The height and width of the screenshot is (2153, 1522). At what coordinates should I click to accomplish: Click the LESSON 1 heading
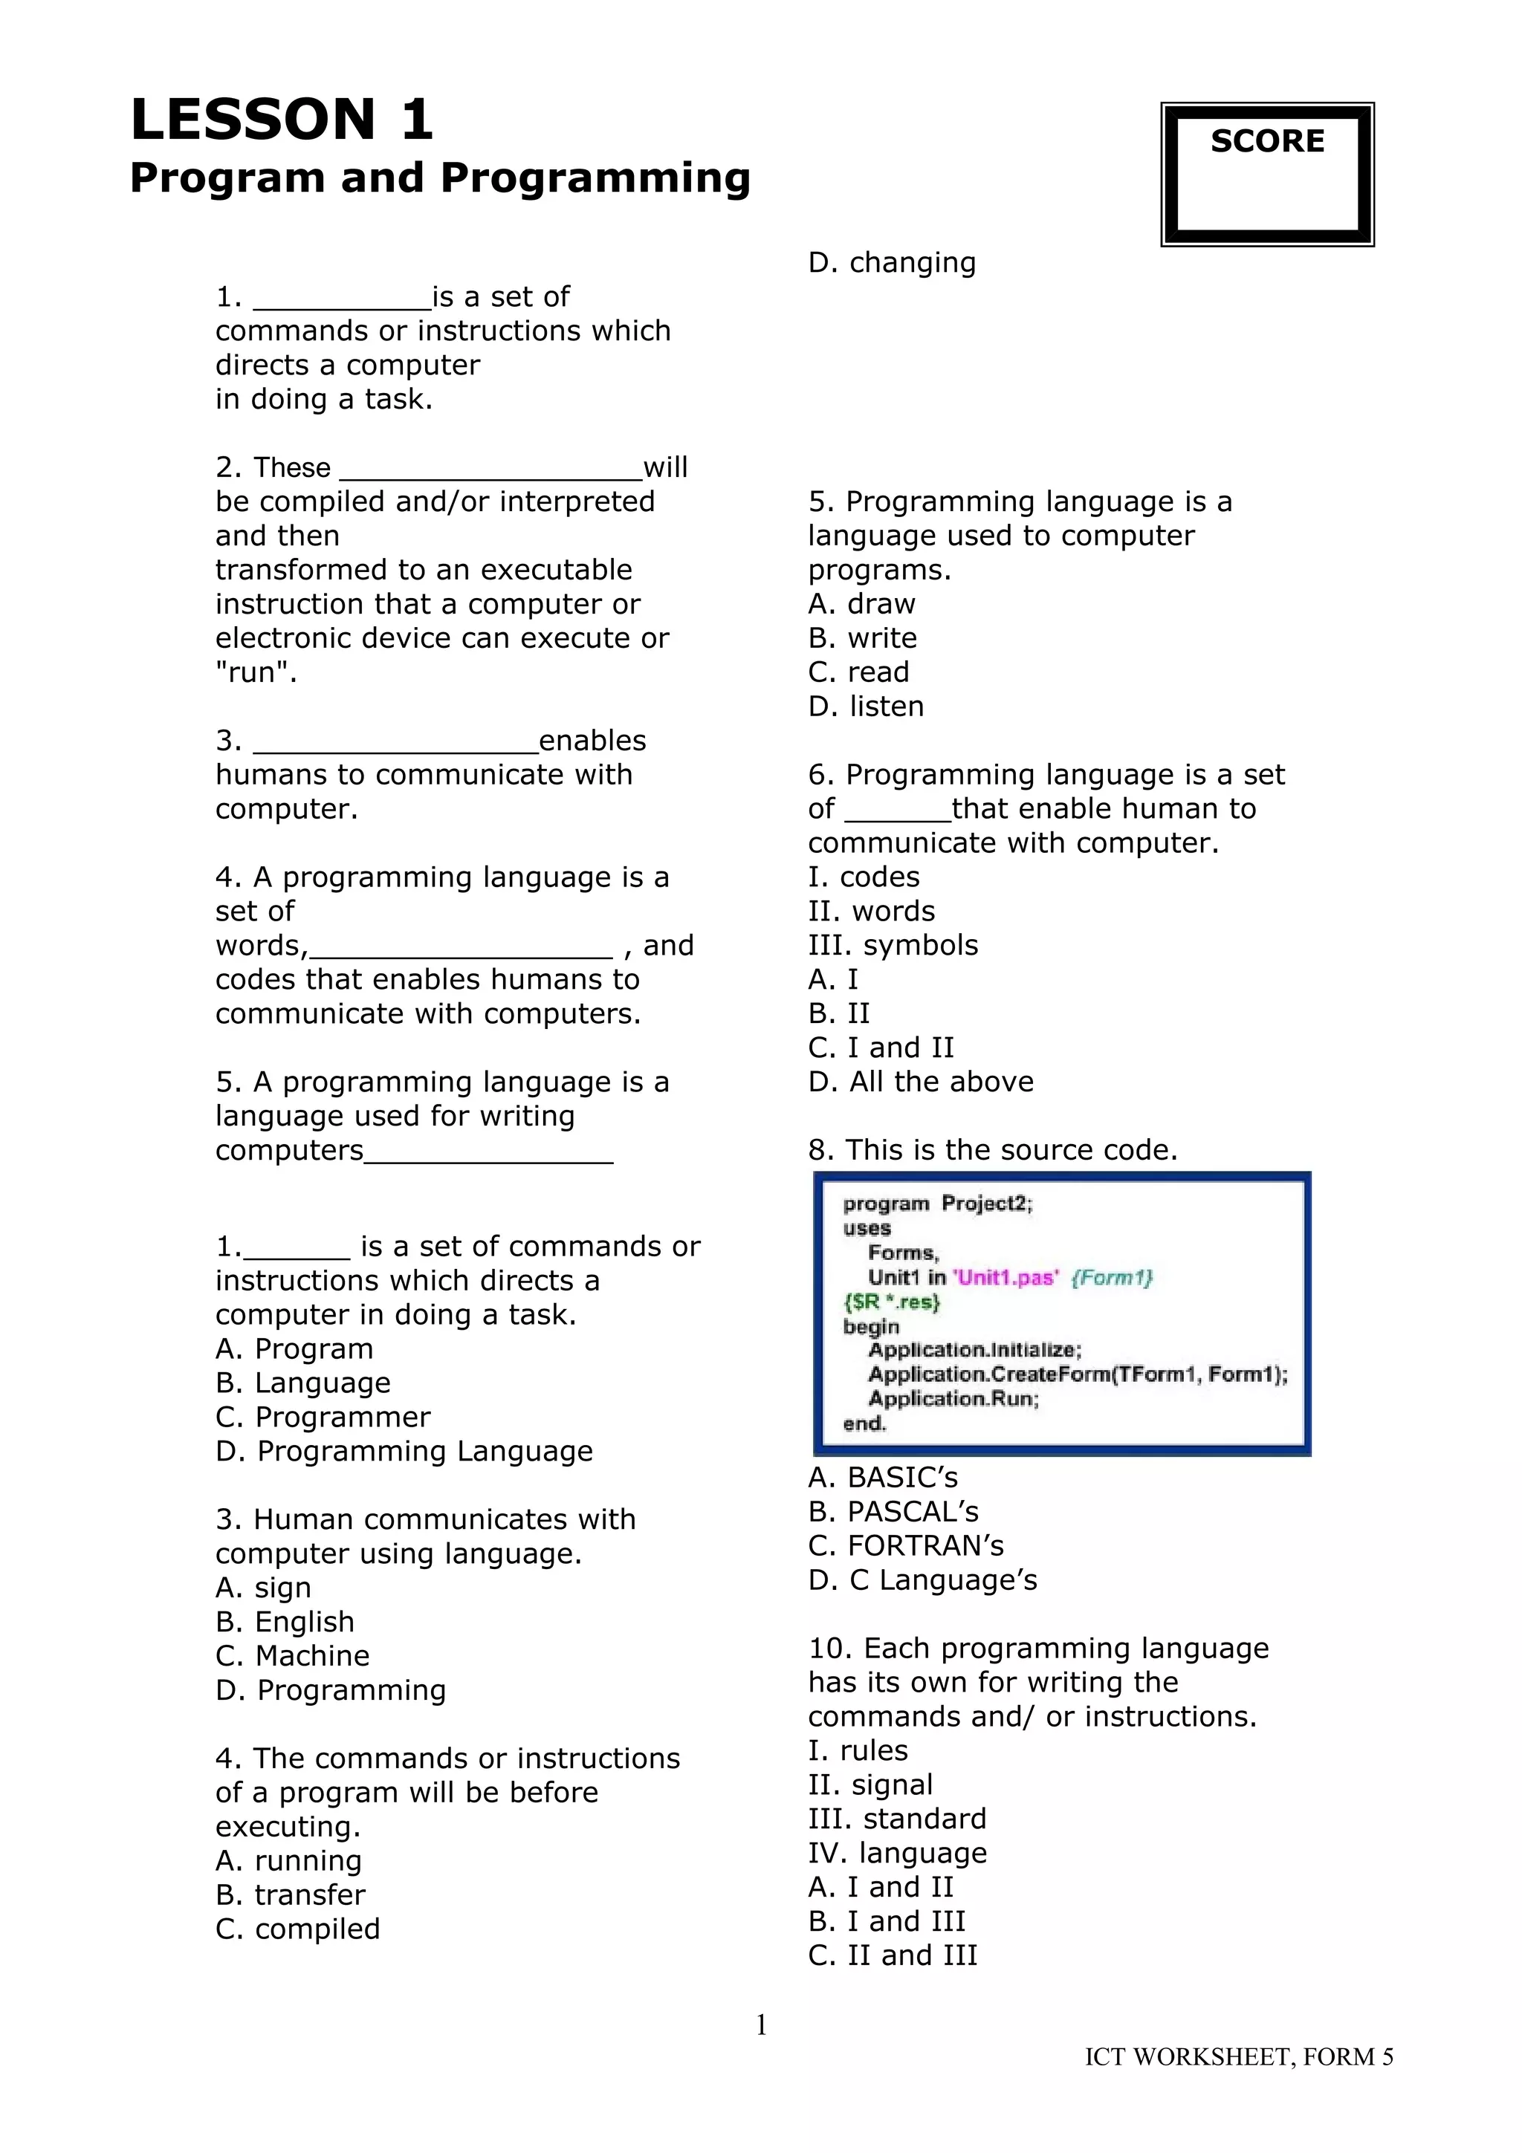point(282,120)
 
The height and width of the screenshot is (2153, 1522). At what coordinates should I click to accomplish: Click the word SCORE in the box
point(1267,142)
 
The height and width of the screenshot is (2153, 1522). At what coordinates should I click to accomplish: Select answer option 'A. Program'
point(294,1349)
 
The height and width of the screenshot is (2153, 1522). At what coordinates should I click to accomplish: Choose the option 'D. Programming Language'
point(404,1452)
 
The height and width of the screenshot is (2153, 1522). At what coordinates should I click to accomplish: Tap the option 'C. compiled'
point(297,1929)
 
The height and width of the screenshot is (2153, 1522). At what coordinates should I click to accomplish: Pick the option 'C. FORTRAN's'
point(906,1546)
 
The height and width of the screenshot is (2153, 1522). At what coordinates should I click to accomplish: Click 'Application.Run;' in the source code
point(953,1399)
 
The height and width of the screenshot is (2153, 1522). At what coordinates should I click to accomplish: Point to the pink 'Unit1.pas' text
point(1006,1277)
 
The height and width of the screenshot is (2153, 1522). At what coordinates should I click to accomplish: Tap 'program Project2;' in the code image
point(937,1204)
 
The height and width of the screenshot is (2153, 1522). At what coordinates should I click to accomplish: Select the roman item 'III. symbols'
point(893,945)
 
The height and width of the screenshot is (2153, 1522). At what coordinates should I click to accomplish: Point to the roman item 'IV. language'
point(898,1853)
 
